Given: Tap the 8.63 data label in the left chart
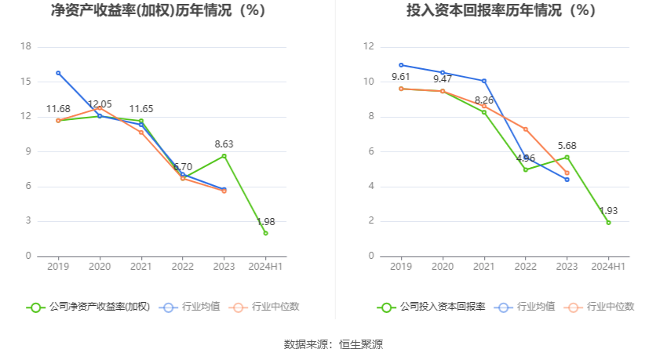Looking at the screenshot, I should coord(224,144).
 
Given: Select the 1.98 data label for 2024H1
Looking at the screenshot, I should coord(265,222).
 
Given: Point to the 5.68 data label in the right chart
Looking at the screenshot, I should coord(567,145).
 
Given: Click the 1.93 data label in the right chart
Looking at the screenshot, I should coord(608,211).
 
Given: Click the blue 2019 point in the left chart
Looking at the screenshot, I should coord(58,73).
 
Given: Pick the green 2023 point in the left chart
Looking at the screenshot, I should coord(224,156).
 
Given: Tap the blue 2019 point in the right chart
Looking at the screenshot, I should coord(401,65).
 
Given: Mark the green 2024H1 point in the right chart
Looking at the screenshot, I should coord(608,223).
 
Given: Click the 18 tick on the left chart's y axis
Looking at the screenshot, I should coord(26,46).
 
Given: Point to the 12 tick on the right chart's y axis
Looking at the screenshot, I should coord(368,46).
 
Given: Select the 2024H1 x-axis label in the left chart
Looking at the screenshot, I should coord(265,267).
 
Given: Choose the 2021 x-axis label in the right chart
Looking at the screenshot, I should coord(483,267).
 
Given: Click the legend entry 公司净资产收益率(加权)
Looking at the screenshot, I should coord(88,307).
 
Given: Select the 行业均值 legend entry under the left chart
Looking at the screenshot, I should coord(190,307).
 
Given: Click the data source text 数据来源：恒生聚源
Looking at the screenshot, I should coord(333,344).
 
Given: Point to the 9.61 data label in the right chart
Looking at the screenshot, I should coord(401,77).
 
